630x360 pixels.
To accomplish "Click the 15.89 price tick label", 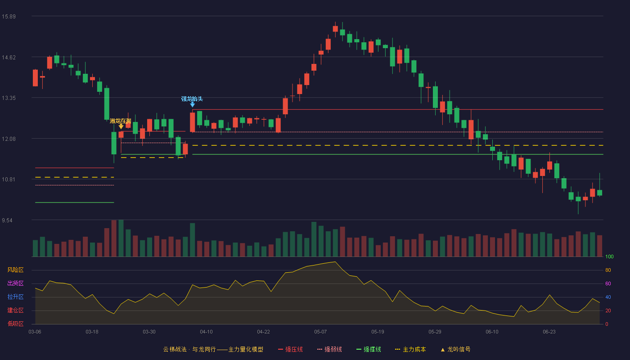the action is [9, 17].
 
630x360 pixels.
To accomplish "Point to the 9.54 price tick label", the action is [7, 220].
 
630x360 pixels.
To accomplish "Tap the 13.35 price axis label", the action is [9, 98].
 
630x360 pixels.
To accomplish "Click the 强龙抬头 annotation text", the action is [192, 99].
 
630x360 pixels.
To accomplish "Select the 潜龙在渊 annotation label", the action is [121, 121].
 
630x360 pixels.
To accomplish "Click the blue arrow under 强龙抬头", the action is [193, 104].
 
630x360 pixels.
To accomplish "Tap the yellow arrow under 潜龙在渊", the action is [121, 126].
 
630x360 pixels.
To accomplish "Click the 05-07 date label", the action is [320, 332].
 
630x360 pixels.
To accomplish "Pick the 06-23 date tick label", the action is [549, 332].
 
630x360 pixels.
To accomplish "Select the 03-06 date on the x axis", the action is [35, 332].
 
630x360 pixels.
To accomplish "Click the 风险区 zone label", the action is [15, 270].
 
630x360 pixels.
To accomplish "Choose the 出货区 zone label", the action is [15, 283].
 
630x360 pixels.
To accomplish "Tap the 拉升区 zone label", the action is [15, 297].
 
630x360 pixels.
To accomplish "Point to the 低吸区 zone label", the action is [15, 324].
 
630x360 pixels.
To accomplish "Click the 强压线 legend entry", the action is [290, 350].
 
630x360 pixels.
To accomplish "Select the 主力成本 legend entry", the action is [410, 350].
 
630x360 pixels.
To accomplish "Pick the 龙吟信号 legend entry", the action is [455, 350].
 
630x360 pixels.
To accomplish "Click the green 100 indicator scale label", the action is [609, 256].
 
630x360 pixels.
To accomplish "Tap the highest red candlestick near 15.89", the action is [335, 29].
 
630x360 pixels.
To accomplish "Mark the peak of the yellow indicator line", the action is [335, 262].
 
